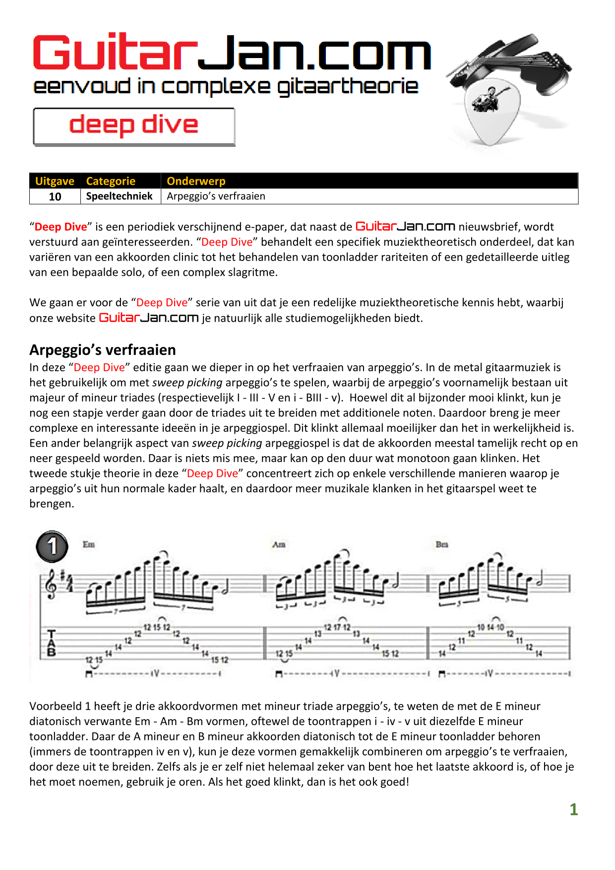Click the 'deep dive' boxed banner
134,126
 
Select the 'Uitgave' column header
55,181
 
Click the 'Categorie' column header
111,181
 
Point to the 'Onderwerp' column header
196,181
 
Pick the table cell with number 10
55,197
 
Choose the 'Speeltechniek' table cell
120,196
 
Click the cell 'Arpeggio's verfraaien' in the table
216,196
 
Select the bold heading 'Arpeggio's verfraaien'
103,350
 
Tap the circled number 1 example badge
52,546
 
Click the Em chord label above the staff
89,544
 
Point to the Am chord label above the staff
279,544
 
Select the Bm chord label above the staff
442,544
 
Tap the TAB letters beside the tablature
52,643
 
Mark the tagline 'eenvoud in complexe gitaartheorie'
226,86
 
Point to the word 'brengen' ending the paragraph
51,504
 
